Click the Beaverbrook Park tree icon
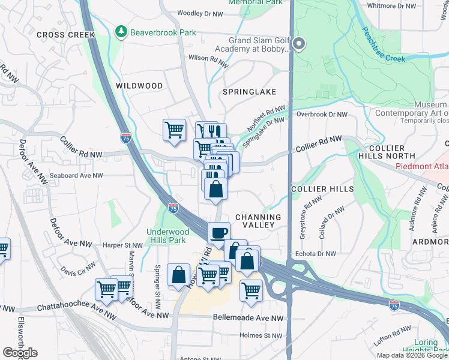122,31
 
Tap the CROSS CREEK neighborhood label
66,35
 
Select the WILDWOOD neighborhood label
139,86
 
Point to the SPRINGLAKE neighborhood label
249,92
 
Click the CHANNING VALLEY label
258,221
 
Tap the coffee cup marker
218,233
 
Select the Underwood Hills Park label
168,236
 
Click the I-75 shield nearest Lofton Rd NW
394,306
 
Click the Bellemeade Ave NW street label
247,318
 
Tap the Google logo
20,353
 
